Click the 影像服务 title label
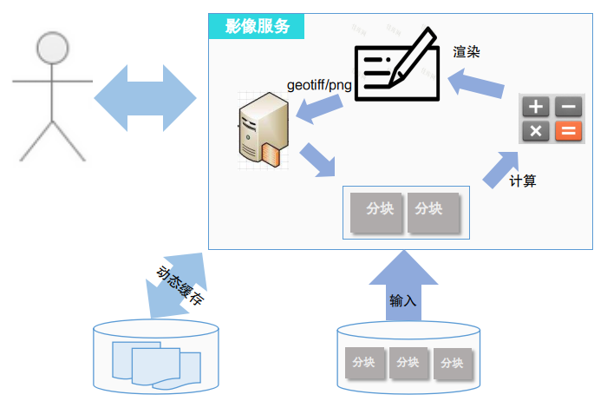coord(257,26)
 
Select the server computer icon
coord(262,129)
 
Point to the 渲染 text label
coord(467,52)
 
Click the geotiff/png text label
coord(318,85)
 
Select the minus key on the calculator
coord(569,107)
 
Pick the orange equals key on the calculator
coord(569,131)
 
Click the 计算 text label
coord(523,181)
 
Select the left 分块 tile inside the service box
coord(378,210)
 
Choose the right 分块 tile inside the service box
coord(432,210)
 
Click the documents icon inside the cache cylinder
coord(155,365)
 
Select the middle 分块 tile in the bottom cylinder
coord(408,362)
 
